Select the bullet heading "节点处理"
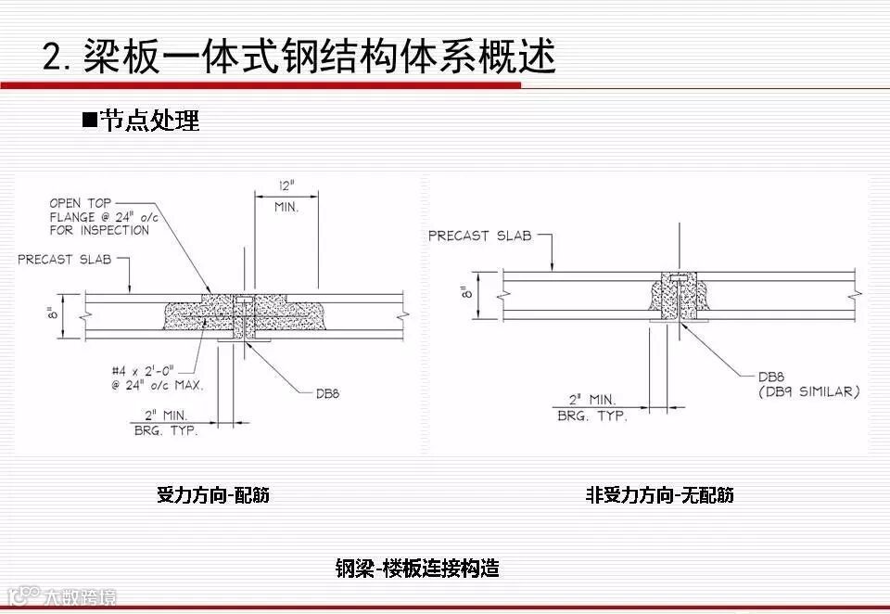149,121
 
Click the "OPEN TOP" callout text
80,202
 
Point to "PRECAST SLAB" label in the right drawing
479,236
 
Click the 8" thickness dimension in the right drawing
465,290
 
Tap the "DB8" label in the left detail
327,393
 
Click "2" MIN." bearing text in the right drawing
591,401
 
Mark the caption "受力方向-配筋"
213,495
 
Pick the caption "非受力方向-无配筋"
659,495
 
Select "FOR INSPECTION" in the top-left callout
99,230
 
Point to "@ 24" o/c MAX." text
152,384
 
